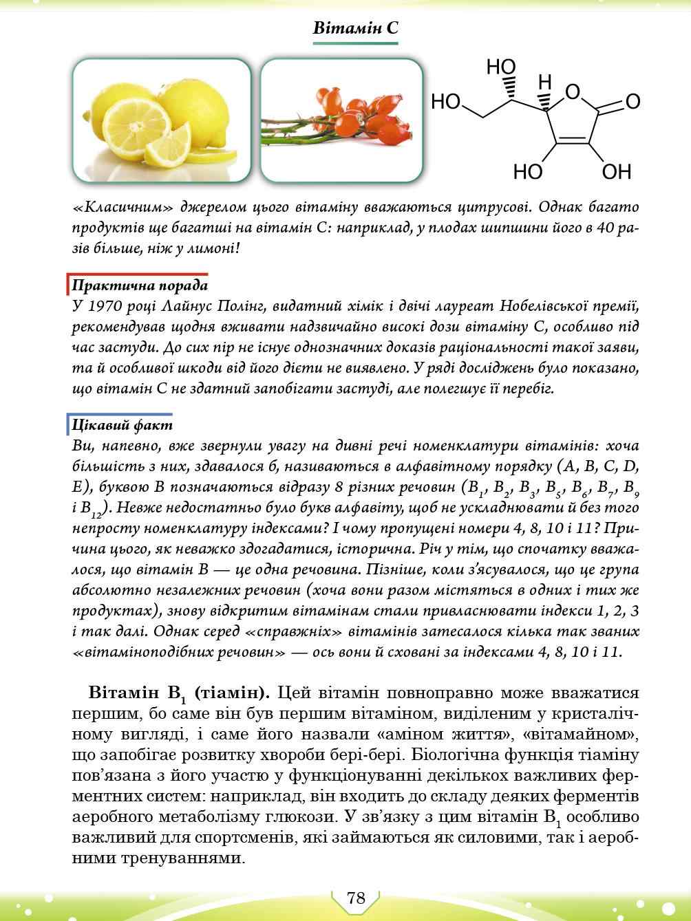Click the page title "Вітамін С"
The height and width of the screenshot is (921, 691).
(355, 28)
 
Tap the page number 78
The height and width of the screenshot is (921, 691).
(356, 898)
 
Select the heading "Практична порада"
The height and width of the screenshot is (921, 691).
(140, 285)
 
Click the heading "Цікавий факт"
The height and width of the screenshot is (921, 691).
(122, 425)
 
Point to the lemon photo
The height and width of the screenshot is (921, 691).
(162, 120)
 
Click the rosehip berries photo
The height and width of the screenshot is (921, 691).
(341, 120)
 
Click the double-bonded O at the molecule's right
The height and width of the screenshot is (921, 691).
(632, 102)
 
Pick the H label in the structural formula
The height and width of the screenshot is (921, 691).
(544, 83)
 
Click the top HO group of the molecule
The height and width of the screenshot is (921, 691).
(500, 67)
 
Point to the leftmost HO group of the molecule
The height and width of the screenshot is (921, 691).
(445, 102)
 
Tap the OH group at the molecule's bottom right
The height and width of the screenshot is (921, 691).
(616, 171)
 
